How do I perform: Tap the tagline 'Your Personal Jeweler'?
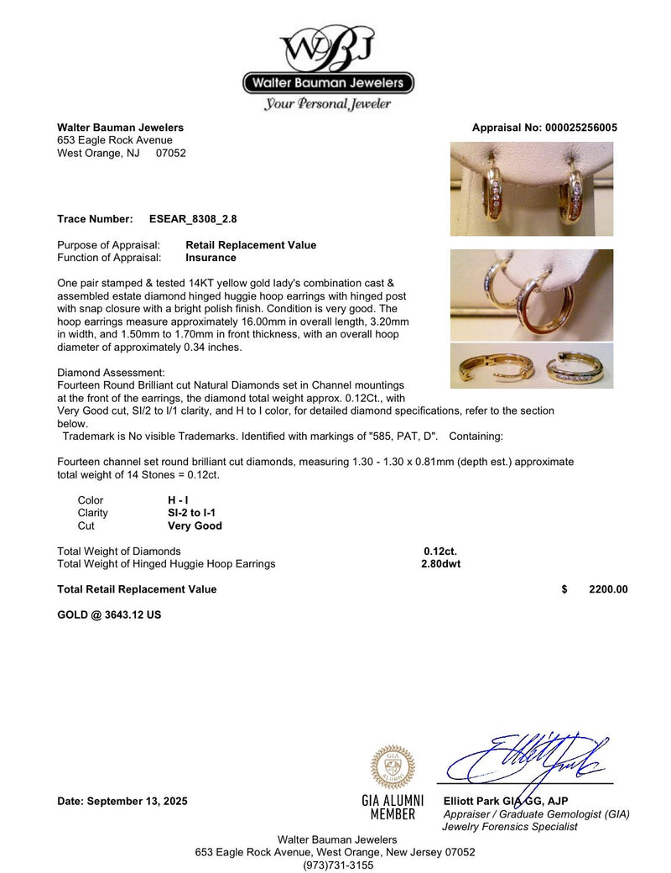tap(327, 104)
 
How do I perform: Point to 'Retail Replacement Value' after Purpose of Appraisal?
tap(251, 245)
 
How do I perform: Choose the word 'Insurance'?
tap(211, 258)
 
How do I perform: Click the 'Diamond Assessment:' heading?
tap(111, 372)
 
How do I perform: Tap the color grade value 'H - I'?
tap(178, 499)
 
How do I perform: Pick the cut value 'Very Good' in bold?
tap(195, 525)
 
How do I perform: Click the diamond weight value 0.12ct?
tap(440, 551)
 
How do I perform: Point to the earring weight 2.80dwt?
tap(440, 564)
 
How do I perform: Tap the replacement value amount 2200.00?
tap(608, 589)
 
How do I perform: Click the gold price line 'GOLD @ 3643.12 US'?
tap(109, 614)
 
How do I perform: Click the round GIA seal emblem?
tap(393, 766)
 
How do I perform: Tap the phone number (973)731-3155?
tap(335, 865)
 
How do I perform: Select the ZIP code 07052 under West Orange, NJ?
tap(170, 153)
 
